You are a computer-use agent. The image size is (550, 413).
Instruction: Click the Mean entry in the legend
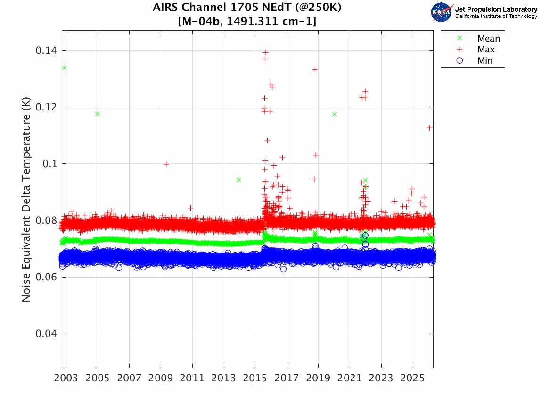(x=488, y=39)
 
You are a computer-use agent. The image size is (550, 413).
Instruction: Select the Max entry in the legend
(x=487, y=50)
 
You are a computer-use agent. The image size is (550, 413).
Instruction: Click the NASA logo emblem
(x=442, y=12)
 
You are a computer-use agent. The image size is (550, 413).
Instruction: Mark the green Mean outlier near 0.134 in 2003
(x=64, y=68)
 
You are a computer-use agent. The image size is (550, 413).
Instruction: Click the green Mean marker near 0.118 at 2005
(x=98, y=114)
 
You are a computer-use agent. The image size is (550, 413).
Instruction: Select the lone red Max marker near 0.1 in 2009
(x=166, y=164)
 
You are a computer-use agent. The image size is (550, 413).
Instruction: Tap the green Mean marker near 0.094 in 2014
(x=239, y=180)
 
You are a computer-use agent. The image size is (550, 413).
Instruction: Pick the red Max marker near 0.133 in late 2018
(x=315, y=70)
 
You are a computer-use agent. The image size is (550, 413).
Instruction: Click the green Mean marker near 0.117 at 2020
(x=334, y=114)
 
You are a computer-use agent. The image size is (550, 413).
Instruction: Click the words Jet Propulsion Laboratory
(x=496, y=9)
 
